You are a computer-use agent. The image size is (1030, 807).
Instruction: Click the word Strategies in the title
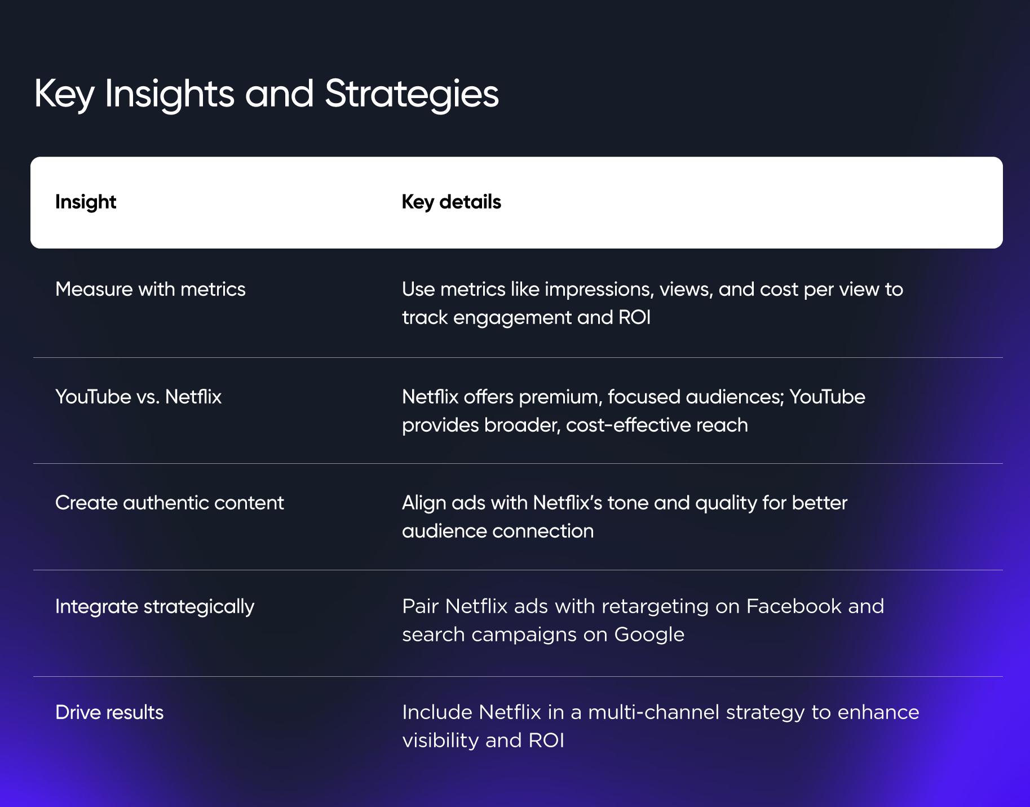pos(412,94)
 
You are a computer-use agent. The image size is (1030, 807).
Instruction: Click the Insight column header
pos(86,202)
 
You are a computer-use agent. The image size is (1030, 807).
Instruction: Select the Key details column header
pos(451,202)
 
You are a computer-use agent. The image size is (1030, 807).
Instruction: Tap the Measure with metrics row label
pos(150,289)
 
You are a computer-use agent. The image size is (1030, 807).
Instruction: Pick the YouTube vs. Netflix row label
pos(138,397)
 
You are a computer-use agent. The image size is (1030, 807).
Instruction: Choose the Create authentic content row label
pos(169,503)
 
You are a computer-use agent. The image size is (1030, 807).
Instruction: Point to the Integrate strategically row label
pos(154,606)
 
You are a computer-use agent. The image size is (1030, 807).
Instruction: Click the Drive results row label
pos(109,712)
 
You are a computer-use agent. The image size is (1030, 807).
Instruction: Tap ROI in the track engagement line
pos(634,317)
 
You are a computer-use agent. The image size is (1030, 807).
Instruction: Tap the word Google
pos(649,635)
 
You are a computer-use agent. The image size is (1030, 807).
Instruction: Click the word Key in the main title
pos(64,94)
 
